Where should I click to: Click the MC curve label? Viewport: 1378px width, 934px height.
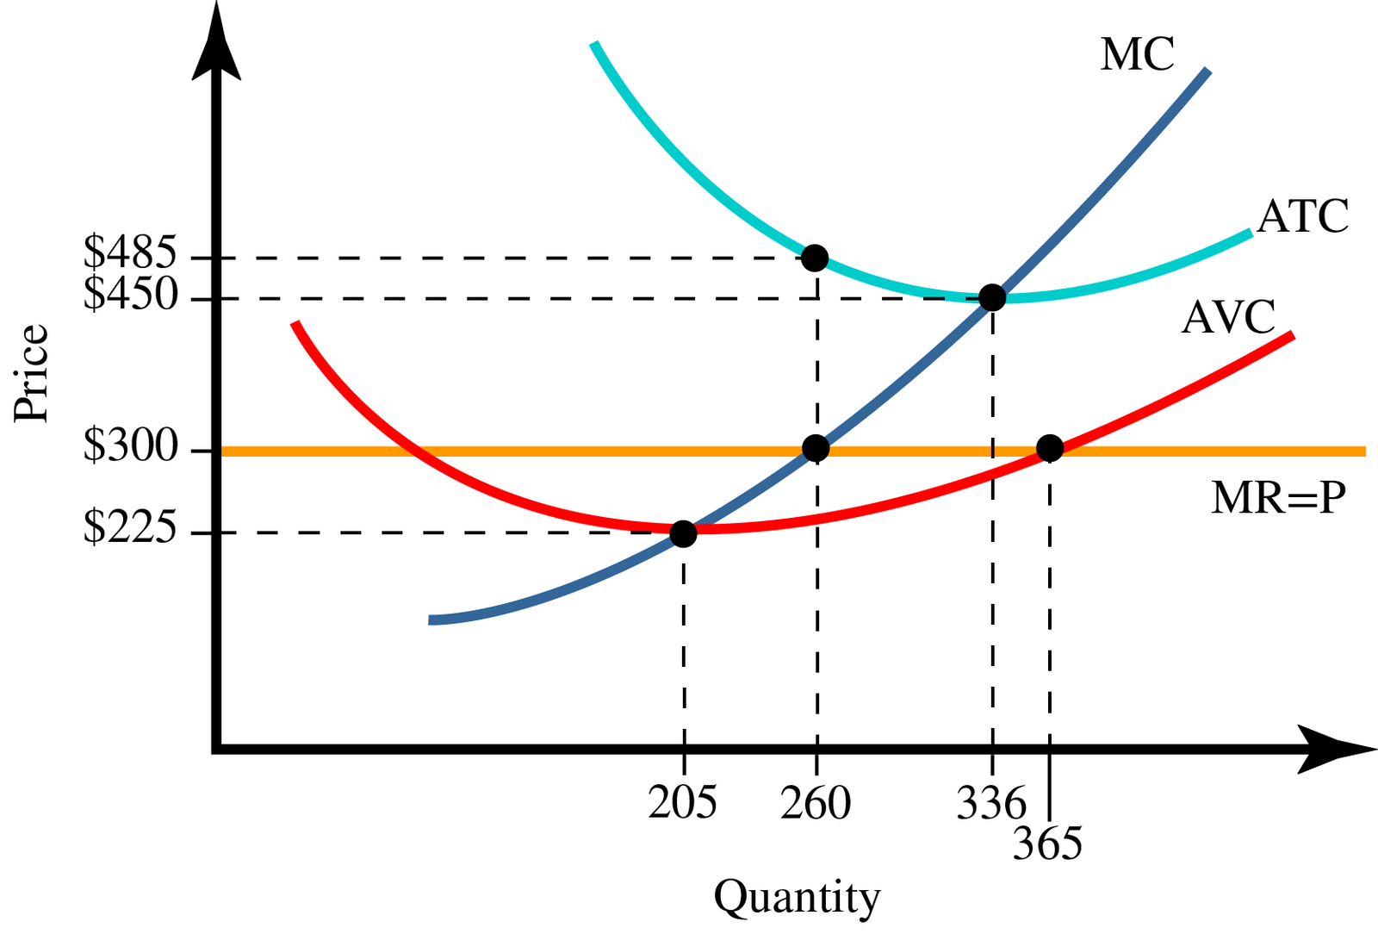(1137, 54)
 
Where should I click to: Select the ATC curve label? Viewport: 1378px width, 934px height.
(1302, 216)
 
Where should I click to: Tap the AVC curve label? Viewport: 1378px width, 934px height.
(1228, 317)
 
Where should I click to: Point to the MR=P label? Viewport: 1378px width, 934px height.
(1277, 497)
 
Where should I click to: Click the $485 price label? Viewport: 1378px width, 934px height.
(130, 252)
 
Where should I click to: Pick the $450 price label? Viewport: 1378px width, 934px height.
(130, 295)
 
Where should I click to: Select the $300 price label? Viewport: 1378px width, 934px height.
(130, 446)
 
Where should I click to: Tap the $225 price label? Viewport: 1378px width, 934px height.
(130, 527)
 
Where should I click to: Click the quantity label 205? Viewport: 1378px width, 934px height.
(682, 803)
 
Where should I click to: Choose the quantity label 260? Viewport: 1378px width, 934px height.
(816, 803)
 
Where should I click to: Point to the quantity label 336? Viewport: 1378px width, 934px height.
(991, 803)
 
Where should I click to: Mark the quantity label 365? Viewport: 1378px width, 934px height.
(1047, 844)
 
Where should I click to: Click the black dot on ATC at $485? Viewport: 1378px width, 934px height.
(815, 258)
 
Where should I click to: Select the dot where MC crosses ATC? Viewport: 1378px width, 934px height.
(992, 298)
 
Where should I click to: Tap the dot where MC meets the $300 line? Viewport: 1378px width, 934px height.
(816, 448)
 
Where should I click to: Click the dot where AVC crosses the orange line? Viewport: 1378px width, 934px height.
(1049, 448)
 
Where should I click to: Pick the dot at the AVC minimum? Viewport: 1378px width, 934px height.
(683, 533)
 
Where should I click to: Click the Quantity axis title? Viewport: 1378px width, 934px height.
(797, 898)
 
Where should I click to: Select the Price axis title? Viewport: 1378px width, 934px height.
(32, 372)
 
